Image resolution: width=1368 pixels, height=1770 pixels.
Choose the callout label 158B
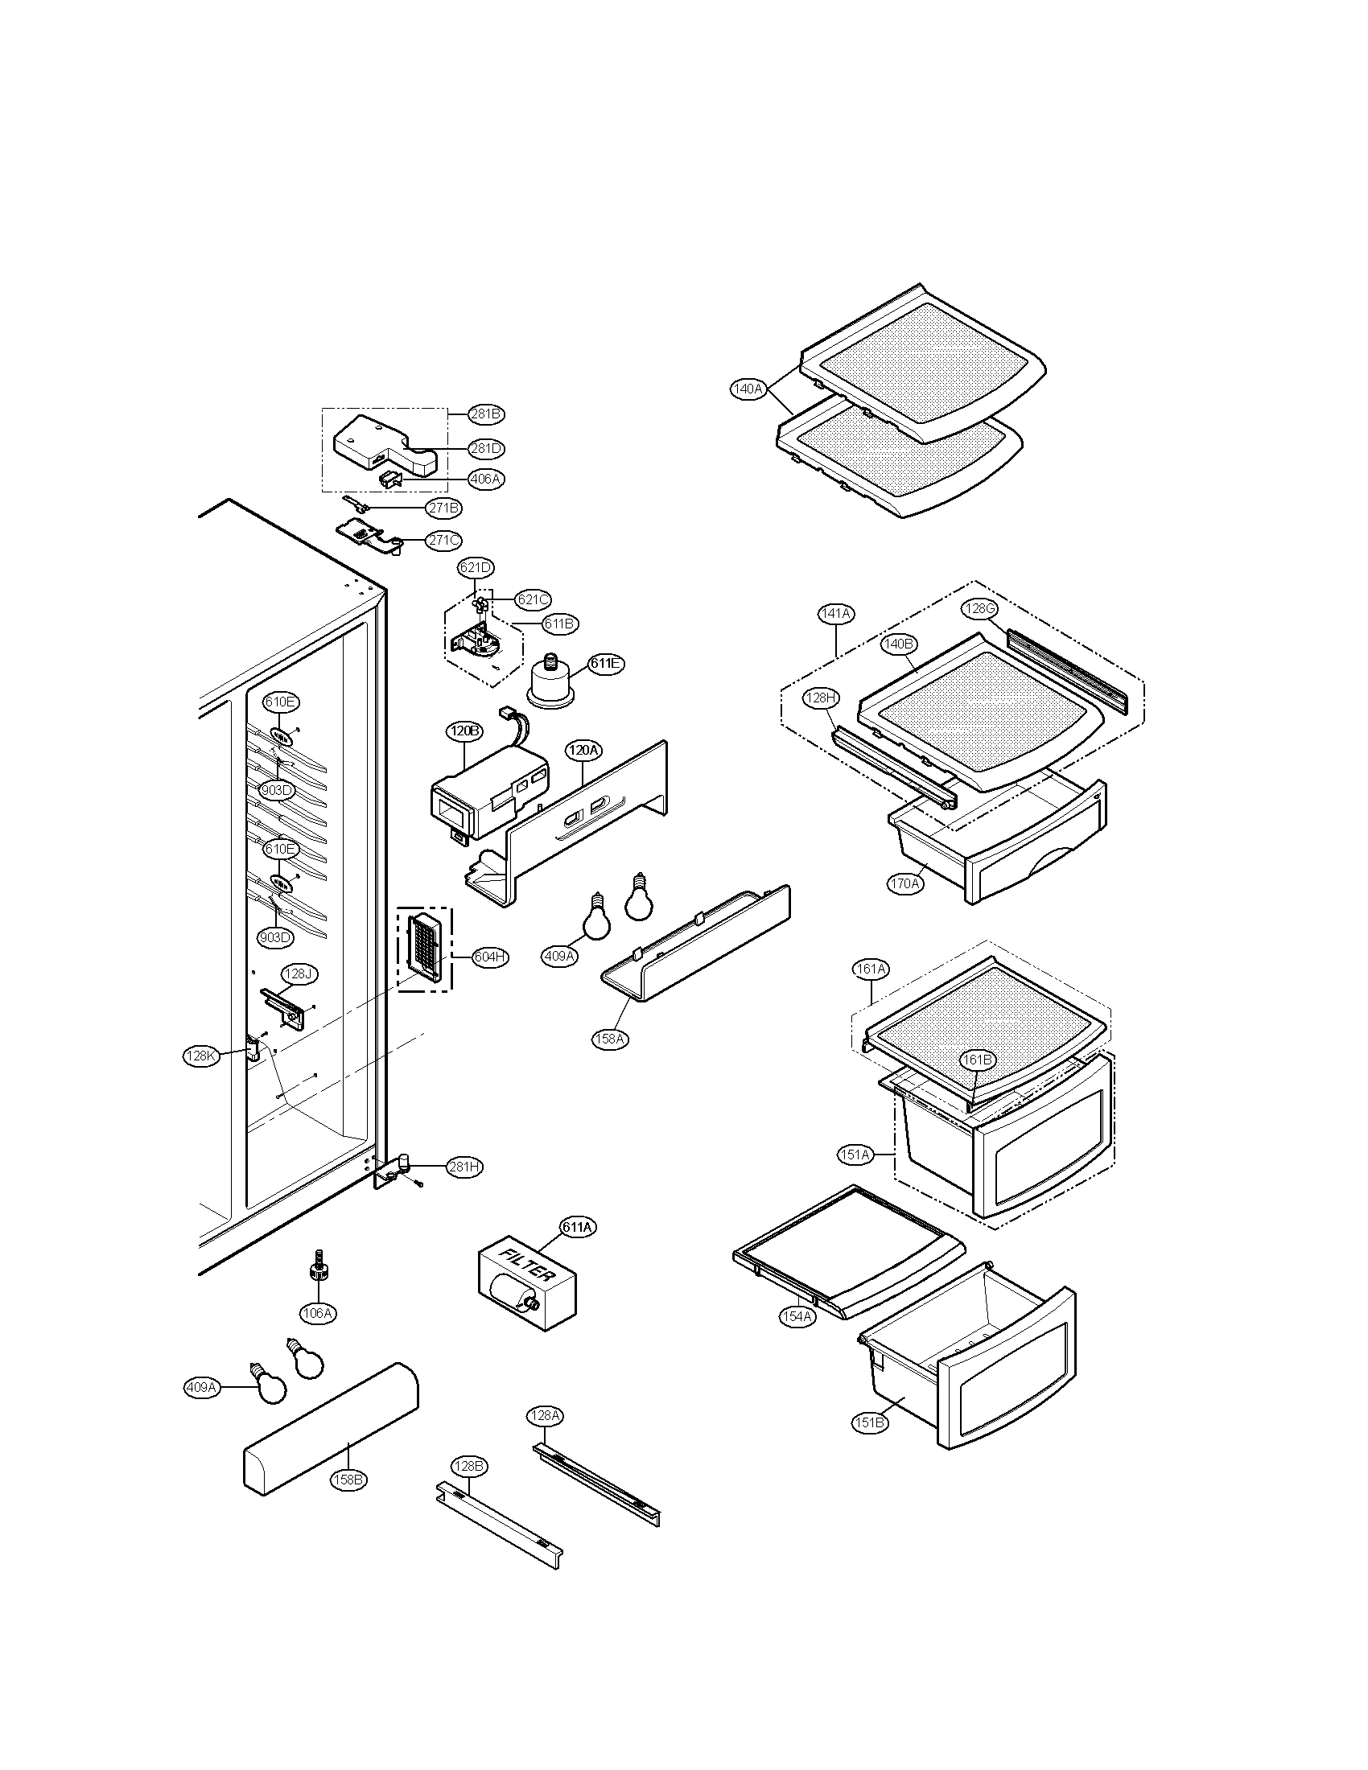coord(348,1479)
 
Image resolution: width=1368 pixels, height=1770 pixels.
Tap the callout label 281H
coord(464,1167)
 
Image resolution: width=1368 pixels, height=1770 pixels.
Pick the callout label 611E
coord(605,663)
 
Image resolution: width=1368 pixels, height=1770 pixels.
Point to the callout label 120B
coord(464,731)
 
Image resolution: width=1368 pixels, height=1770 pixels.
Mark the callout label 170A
coord(904,883)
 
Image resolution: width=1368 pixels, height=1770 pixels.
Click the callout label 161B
coord(977,1060)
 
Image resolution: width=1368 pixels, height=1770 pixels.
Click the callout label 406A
coord(485,479)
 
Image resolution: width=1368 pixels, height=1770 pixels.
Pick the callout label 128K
coord(201,1056)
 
